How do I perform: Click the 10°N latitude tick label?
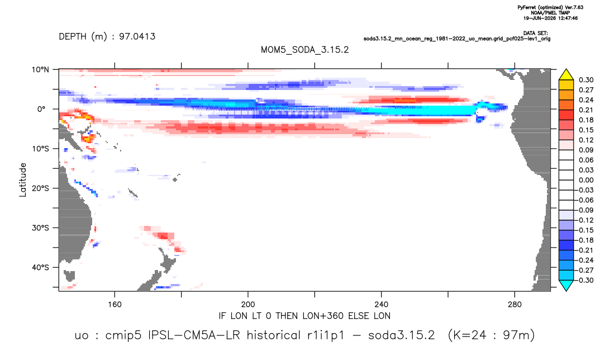(40, 70)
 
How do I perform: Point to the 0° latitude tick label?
(41, 109)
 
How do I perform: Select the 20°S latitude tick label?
(40, 188)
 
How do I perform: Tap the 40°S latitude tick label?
(40, 267)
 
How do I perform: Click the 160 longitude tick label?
(115, 305)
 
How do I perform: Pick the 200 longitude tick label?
(248, 305)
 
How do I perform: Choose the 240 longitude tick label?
(382, 305)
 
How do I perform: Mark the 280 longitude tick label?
(515, 305)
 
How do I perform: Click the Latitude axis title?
(23, 180)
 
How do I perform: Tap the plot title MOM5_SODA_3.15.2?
(305, 50)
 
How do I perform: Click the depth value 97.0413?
(137, 36)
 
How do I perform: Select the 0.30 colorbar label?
(586, 80)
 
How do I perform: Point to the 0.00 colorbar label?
(586, 180)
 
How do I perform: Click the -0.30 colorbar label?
(585, 280)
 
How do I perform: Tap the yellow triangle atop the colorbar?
(566, 75)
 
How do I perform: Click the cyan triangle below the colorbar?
(566, 285)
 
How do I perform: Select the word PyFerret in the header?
(526, 8)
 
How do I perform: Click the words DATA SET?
(535, 34)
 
